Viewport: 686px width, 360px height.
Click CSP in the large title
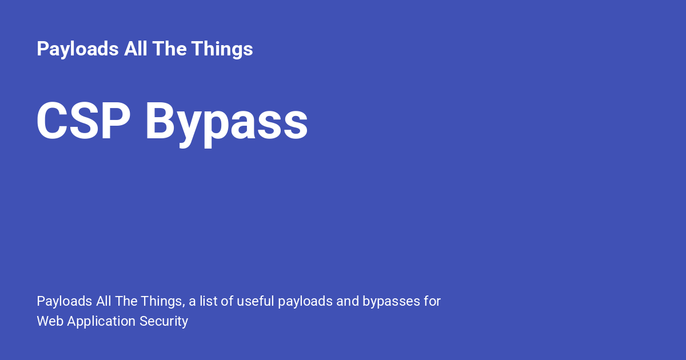coord(83,121)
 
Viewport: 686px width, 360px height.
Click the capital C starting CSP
coord(52,121)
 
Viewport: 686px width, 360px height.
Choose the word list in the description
coord(209,301)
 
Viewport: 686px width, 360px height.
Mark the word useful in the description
coord(256,301)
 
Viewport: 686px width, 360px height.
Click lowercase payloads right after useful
coord(305,302)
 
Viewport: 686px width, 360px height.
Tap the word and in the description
coord(348,301)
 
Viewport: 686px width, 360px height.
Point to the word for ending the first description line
coord(432,301)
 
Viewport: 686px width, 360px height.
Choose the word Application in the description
coord(101,322)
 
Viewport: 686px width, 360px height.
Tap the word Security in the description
coord(163,322)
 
